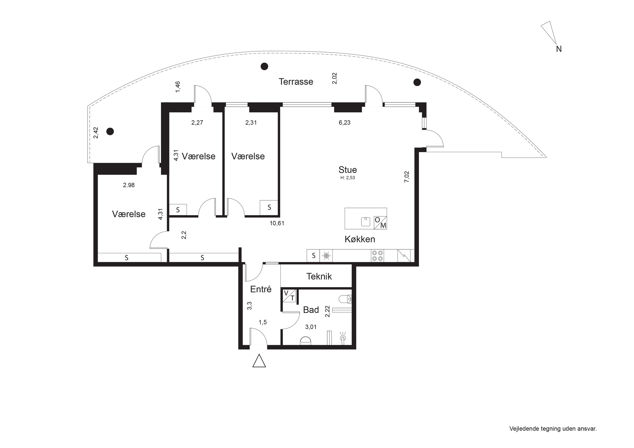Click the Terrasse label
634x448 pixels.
[x=296, y=82]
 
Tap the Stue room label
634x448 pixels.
[x=348, y=169]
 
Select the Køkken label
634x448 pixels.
[x=360, y=239]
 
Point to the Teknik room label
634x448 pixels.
[x=319, y=276]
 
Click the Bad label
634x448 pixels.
[x=311, y=310]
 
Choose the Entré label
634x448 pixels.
[x=261, y=289]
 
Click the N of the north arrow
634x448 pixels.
[x=559, y=49]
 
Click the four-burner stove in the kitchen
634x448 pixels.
[x=377, y=256]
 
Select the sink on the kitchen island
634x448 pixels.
[x=366, y=222]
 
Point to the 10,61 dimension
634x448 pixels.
[x=277, y=223]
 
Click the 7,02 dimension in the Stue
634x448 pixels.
[x=407, y=177]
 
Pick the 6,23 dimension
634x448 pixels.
[x=345, y=123]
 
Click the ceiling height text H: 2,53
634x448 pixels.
[x=348, y=178]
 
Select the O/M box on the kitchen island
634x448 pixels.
[x=380, y=223]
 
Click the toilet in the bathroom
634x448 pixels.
[x=345, y=299]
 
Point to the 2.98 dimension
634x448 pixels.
[x=129, y=185]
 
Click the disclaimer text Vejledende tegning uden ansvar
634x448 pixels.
[x=553, y=429]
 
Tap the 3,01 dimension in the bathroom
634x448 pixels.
[x=311, y=327]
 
